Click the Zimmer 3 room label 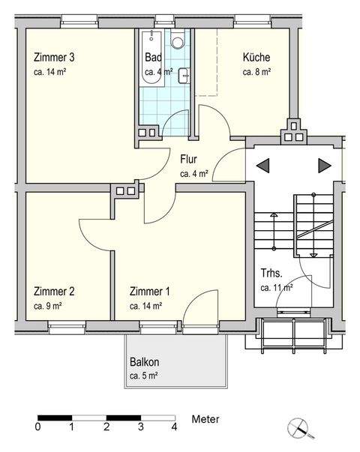(54, 57)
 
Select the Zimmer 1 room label (149, 292)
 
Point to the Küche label (256, 57)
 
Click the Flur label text (188, 159)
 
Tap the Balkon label (143, 361)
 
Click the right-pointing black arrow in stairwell (324, 165)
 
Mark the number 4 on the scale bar (174, 427)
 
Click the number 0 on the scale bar (37, 427)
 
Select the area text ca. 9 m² (49, 306)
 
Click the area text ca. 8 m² (256, 73)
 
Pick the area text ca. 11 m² (276, 287)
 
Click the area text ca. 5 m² (143, 376)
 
